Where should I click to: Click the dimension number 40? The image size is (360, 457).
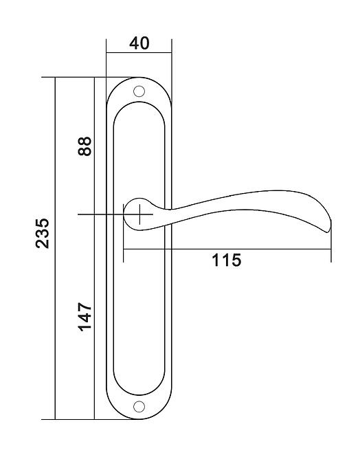139,43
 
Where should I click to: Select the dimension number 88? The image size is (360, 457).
85,146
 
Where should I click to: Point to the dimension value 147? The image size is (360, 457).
85,317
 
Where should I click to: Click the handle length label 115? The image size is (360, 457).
226,260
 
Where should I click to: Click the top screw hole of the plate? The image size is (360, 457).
139,91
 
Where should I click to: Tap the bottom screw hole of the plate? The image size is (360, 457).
139,407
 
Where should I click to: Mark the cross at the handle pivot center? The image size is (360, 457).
139,214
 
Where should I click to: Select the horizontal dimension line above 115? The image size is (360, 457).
227,249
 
